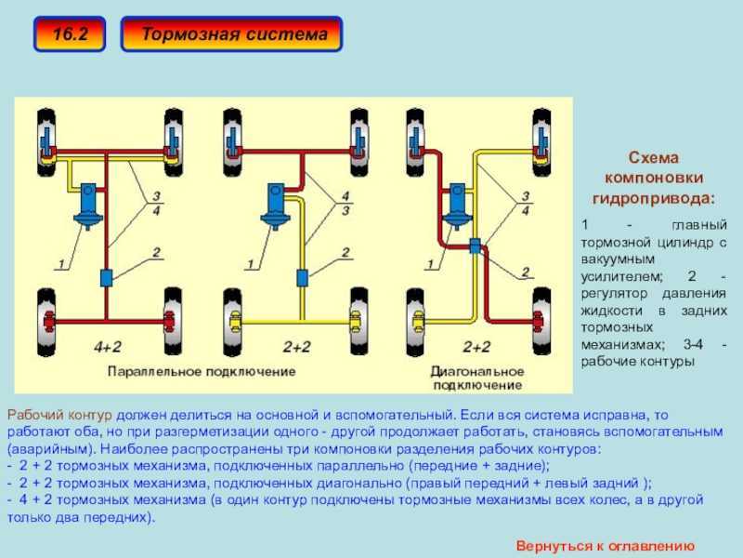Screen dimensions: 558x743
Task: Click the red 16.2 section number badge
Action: click(70, 34)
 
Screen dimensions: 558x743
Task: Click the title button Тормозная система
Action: click(233, 34)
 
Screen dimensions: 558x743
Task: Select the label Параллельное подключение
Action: click(202, 370)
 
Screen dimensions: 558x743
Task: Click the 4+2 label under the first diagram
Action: click(108, 346)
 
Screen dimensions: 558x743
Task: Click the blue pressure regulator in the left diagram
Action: click(106, 276)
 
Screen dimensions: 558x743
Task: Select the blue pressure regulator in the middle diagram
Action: click(301, 276)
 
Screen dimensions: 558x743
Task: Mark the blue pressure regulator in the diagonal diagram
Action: click(475, 246)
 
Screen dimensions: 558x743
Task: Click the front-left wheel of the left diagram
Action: click(44, 136)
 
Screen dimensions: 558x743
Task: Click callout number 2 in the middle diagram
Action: click(345, 251)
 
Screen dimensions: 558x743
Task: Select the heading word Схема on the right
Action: click(655, 159)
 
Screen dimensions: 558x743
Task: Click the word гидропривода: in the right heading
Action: click(655, 198)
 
